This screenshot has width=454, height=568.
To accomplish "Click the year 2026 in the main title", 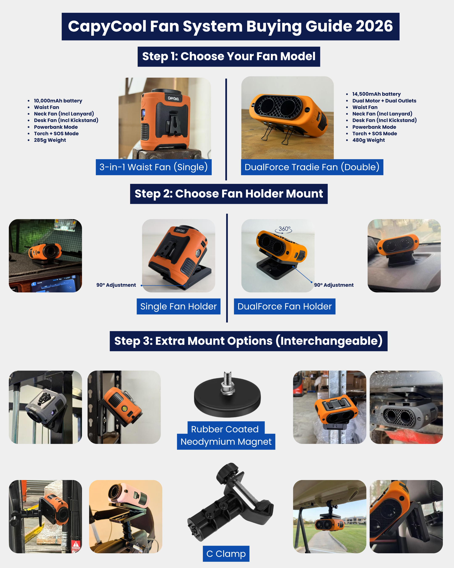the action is [x=374, y=26].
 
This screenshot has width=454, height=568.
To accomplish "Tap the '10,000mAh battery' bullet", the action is [x=58, y=101].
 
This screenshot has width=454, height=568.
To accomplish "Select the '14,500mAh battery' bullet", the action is [x=376, y=94].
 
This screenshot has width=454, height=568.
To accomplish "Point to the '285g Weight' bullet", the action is [x=50, y=140].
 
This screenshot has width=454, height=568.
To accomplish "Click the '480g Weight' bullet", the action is [x=368, y=140].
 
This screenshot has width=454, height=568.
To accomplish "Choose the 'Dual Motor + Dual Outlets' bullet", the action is [x=384, y=101].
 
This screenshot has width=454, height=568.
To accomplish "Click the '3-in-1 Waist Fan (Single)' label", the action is [x=154, y=167].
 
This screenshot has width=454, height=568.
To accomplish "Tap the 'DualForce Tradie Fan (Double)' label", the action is [x=312, y=167].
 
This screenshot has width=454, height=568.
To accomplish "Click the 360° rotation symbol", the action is [x=284, y=229].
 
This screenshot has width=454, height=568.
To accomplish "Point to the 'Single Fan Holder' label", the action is [x=178, y=306].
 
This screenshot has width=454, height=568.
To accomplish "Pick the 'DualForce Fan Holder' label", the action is [x=285, y=306].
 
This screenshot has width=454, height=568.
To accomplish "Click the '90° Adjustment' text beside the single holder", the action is [x=116, y=285].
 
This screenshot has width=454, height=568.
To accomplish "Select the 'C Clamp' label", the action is [x=226, y=553].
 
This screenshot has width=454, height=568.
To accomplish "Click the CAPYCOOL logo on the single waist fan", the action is [x=173, y=98].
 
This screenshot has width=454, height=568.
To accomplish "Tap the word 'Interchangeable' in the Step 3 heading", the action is [x=329, y=341].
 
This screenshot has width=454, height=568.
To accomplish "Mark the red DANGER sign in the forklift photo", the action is [x=76, y=545].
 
